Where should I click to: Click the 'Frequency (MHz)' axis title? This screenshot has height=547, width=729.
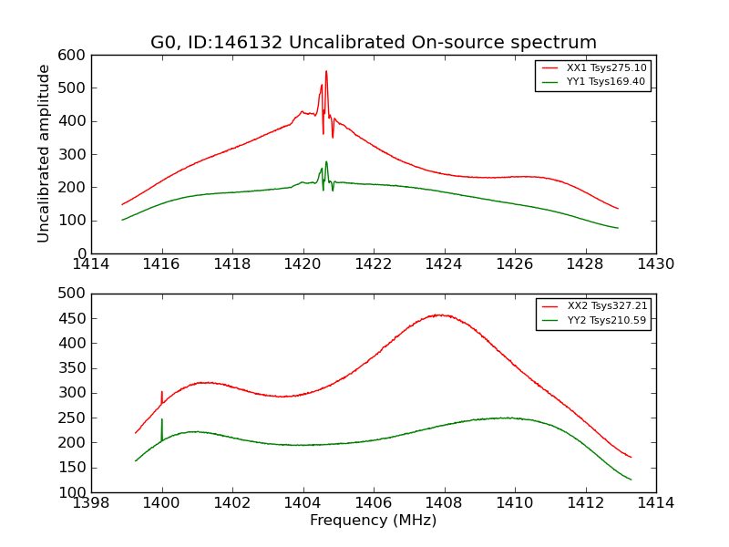374,521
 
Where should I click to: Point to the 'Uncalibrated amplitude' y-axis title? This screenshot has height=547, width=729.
44,153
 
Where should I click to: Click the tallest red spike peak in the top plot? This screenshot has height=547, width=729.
326,72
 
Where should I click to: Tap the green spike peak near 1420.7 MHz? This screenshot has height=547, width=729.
326,162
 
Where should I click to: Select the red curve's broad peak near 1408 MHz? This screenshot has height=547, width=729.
439,315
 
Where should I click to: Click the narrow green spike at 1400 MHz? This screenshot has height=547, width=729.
162,420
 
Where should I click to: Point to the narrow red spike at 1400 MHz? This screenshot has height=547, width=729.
162,393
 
